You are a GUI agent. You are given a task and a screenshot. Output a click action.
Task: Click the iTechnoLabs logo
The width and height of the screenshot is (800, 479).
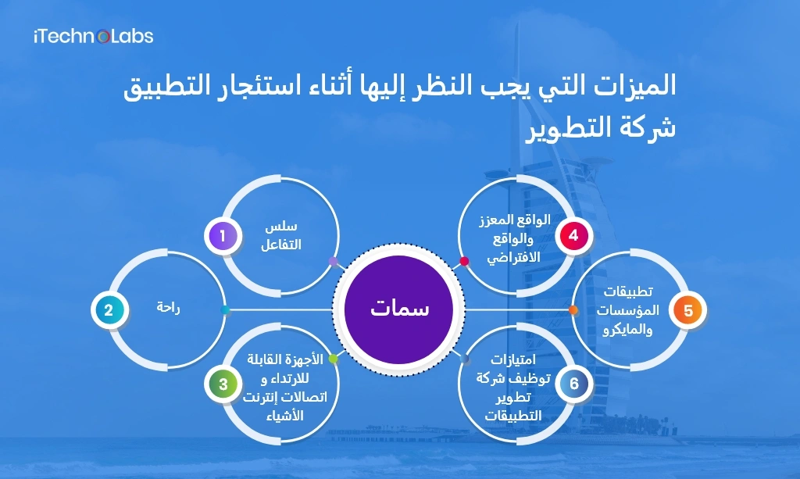94,36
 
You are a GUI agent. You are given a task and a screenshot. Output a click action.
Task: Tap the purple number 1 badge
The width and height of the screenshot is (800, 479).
223,236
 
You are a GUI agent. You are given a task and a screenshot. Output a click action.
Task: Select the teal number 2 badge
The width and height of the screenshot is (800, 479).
109,310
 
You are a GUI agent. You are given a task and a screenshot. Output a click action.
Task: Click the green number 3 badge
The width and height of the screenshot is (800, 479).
223,384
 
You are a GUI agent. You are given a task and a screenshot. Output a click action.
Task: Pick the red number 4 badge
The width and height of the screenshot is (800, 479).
573,236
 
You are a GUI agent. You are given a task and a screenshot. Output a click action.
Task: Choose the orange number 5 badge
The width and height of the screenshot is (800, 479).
687,310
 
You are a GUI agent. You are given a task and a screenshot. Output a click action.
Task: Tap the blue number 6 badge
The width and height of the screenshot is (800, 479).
574,384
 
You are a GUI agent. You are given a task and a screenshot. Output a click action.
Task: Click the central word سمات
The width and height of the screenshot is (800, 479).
399,308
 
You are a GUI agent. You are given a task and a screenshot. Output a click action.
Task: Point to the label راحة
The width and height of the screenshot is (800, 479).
169,308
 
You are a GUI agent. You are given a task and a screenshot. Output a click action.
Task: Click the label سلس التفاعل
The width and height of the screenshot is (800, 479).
281,235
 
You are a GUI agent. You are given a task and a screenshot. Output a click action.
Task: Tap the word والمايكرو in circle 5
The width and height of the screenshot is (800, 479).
627,330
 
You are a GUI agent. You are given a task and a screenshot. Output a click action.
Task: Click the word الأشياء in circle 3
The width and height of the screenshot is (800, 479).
284,416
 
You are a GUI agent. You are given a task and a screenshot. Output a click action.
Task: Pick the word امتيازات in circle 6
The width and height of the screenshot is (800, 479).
513,359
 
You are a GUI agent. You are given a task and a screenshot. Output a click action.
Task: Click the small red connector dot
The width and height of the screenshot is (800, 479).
464,261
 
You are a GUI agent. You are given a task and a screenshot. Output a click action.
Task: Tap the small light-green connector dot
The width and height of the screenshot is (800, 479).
333,359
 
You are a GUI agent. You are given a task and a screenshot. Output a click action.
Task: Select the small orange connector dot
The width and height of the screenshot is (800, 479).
573,310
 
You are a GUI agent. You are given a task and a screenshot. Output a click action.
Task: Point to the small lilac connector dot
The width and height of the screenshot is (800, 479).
333,262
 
